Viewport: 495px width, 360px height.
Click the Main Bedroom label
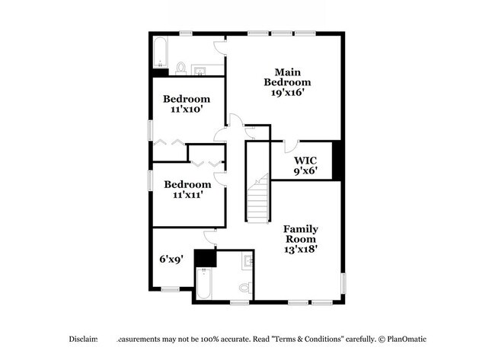(x=287, y=76)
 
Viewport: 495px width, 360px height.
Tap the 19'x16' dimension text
(x=287, y=94)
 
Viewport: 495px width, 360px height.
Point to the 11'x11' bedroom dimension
(x=187, y=196)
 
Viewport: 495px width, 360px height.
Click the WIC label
(x=305, y=161)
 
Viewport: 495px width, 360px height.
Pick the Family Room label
(x=301, y=234)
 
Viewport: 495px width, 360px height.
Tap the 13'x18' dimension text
(x=301, y=248)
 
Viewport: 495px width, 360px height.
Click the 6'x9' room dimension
(x=171, y=259)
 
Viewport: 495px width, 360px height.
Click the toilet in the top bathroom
(x=181, y=68)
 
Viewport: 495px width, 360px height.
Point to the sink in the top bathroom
(x=201, y=72)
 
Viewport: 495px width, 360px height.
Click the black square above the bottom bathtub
(x=205, y=259)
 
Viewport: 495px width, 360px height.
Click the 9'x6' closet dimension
(x=305, y=172)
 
